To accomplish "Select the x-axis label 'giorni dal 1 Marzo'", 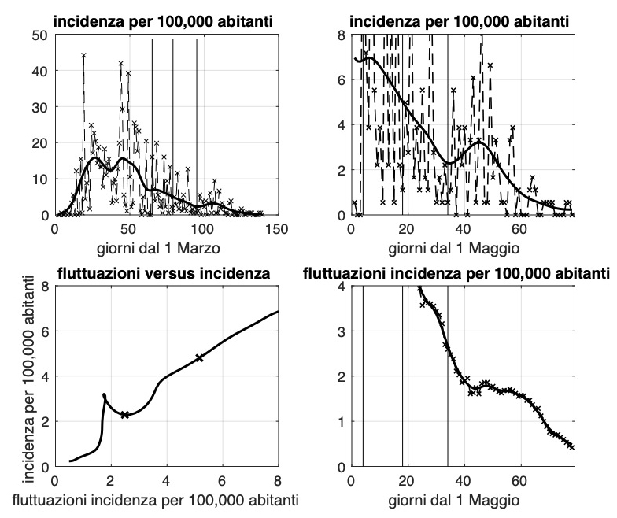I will tap(166, 248).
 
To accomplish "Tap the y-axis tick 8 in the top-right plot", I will tap(342, 35).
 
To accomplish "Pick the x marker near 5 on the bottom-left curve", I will tap(199, 358).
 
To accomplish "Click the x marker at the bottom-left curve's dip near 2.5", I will tap(124, 414).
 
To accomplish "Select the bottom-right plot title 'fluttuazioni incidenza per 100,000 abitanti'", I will tap(457, 273).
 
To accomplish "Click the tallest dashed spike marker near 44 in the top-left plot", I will tap(83, 55).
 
